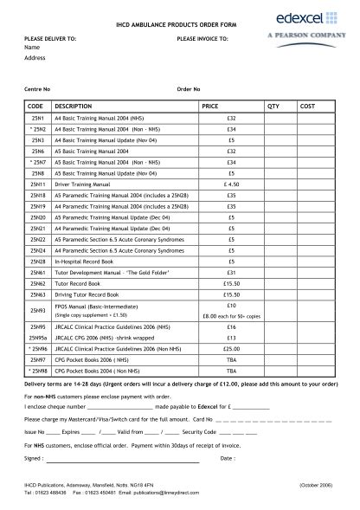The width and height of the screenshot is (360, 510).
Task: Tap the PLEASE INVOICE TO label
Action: [202, 39]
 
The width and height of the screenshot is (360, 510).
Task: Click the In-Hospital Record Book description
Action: [85, 261]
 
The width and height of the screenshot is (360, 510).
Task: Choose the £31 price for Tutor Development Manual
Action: [231, 272]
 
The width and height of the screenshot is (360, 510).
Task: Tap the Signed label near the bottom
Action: [34, 457]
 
